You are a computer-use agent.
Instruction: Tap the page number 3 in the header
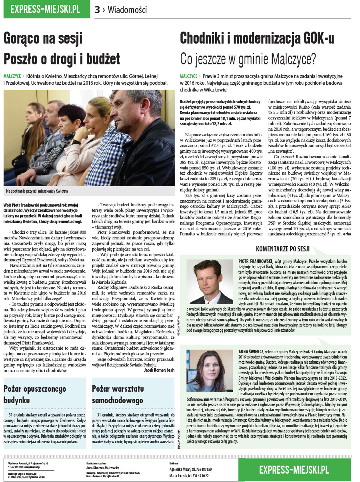point(97,10)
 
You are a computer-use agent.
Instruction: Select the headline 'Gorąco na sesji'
point(43,38)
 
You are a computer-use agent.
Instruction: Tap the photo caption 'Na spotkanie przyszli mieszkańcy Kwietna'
point(37,191)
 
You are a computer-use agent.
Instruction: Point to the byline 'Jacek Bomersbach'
point(159,370)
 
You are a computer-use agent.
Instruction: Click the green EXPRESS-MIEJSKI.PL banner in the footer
point(294,469)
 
